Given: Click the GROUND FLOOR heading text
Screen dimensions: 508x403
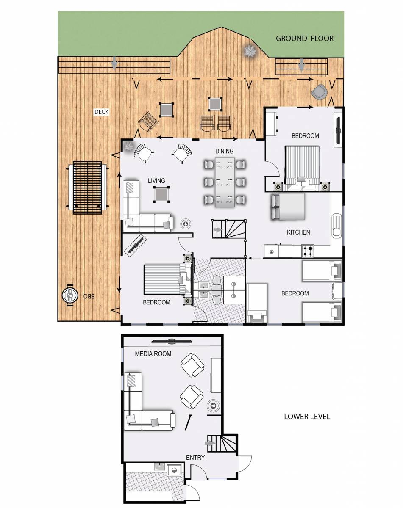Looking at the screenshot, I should (305, 39).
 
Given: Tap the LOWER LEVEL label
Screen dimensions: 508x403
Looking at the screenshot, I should (307, 417).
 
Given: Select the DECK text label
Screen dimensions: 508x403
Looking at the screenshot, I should (102, 112).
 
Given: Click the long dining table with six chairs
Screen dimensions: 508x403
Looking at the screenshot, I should (225, 182).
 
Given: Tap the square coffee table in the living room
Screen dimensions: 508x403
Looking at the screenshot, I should (161, 194).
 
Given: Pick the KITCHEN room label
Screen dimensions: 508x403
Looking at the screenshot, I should (298, 232).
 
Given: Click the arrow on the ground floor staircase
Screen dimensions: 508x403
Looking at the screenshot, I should (217, 229).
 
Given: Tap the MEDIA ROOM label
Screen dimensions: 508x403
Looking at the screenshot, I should (153, 353).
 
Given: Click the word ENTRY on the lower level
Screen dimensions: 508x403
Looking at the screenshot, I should (195, 458).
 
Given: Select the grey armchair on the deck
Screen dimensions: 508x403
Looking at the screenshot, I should (318, 91).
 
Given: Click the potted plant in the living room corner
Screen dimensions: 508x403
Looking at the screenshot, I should (128, 146).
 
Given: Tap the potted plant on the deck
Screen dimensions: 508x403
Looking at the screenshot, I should (250, 51).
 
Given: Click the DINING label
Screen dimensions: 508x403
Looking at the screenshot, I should (224, 151).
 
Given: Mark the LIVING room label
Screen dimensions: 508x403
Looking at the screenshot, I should (156, 181).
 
